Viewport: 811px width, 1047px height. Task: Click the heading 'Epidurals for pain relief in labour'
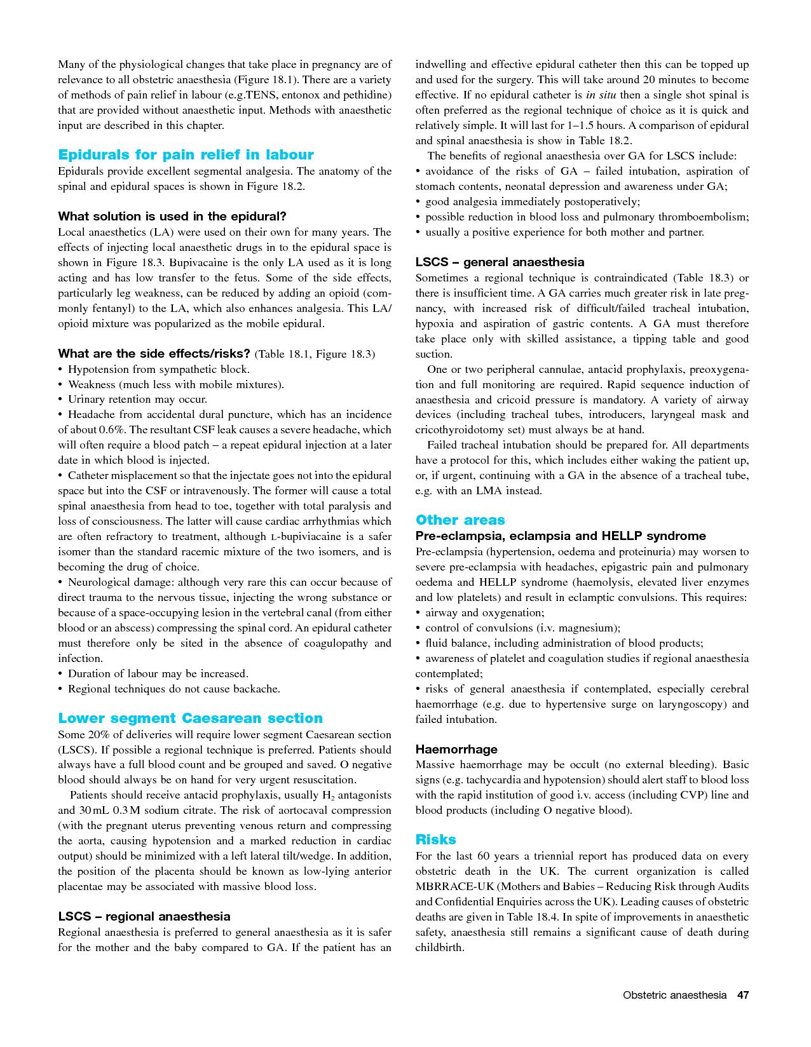(186, 155)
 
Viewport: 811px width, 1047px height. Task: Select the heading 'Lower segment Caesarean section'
(190, 719)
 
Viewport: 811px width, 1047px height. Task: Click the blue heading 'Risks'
(435, 840)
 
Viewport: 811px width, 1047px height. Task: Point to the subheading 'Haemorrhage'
(456, 750)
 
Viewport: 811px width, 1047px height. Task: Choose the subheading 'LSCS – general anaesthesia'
(500, 262)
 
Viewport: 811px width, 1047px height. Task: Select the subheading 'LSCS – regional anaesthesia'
(144, 917)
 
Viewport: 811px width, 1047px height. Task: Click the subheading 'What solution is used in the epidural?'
(172, 217)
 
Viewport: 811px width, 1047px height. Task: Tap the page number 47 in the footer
(742, 995)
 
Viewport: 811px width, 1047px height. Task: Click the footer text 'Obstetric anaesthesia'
(674, 995)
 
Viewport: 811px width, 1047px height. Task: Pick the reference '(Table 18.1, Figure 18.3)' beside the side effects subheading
(315, 354)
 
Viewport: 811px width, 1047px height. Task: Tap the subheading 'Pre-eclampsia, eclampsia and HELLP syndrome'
(561, 536)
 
